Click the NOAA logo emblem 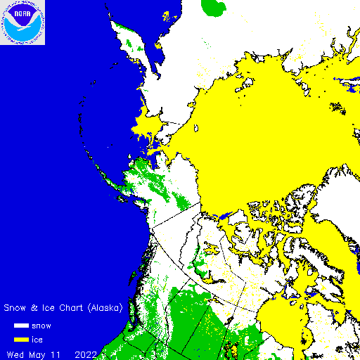(22, 22)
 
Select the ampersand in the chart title (34, 308)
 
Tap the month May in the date (38, 353)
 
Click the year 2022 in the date (87, 353)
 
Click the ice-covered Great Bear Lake (211, 247)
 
